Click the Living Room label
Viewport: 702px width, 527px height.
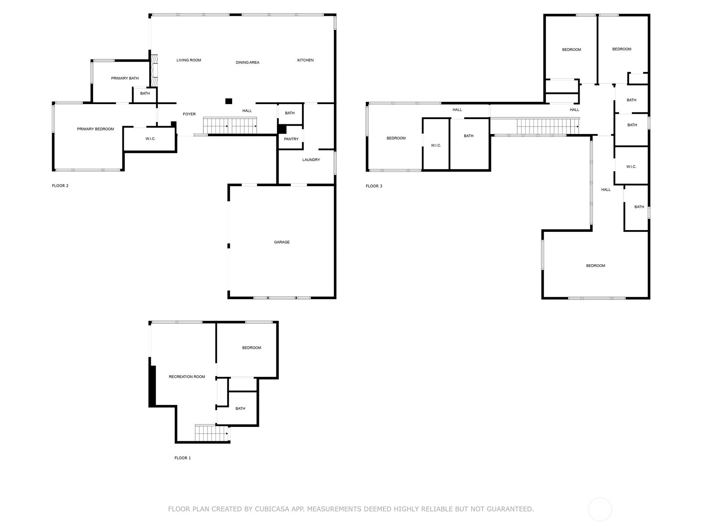click(x=189, y=60)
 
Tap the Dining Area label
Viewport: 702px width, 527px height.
click(x=247, y=62)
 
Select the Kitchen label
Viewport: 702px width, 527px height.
click(x=305, y=60)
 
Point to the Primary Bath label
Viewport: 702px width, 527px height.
click(x=125, y=78)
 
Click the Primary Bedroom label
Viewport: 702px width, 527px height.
click(x=95, y=129)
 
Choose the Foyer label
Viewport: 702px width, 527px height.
click(x=189, y=114)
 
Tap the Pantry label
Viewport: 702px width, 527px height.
click(x=291, y=139)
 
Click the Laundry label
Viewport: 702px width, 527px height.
click(x=311, y=160)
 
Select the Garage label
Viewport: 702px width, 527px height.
click(x=281, y=242)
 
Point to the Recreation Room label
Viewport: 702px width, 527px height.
click(x=187, y=377)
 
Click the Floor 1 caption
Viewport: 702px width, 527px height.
click(x=182, y=458)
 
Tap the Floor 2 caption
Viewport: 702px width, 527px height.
click(x=60, y=186)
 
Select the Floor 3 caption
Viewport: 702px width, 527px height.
click(x=374, y=186)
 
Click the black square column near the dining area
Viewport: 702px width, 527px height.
click(x=228, y=101)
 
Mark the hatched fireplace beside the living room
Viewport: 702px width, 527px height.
click(x=154, y=71)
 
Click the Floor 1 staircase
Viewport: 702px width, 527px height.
click(x=211, y=433)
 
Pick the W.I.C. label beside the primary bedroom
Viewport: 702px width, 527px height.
click(x=150, y=138)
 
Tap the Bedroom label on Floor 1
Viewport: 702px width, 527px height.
click(x=251, y=347)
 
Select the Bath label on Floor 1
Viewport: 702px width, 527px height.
click(x=240, y=408)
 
